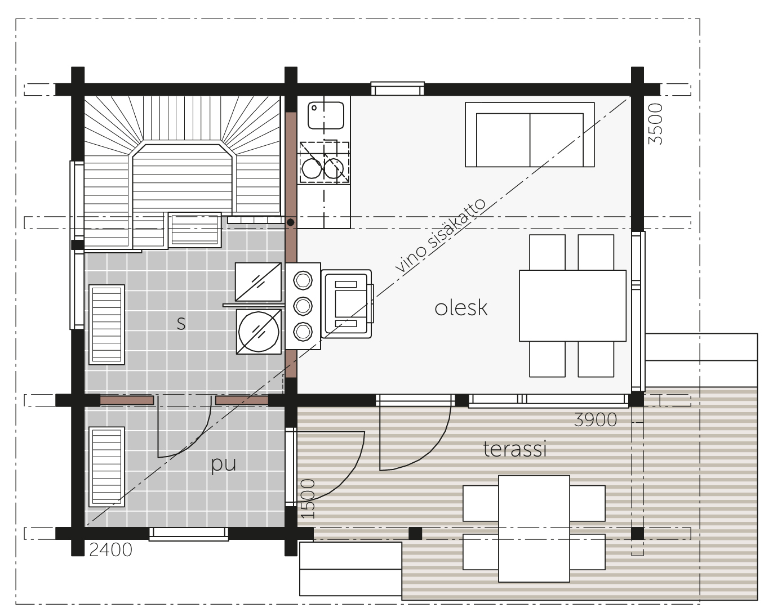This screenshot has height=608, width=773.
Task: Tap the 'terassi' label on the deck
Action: tap(515, 449)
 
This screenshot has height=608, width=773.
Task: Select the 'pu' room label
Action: tap(224, 464)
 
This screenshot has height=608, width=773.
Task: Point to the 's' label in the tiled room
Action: tap(181, 323)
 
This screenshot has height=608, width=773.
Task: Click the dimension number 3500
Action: tap(655, 124)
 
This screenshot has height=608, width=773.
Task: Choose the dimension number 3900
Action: tap(595, 419)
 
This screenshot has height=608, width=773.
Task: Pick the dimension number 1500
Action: tap(308, 499)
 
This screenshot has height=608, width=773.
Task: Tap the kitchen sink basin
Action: tap(326, 115)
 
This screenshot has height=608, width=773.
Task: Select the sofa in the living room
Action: tap(530, 135)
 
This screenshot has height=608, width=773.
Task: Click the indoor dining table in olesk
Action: tap(572, 306)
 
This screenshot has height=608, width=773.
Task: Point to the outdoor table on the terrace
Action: tap(534, 528)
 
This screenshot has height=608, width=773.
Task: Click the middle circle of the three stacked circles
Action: tap(303, 306)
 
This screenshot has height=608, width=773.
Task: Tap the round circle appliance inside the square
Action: tap(259, 332)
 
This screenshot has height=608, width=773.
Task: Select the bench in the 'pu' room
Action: tap(106, 467)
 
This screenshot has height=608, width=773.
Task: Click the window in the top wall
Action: tap(398, 88)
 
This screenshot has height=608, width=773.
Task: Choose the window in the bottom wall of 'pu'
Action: tap(189, 534)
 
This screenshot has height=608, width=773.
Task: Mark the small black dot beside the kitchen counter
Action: tap(291, 222)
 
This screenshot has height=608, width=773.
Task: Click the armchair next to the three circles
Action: tap(346, 304)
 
